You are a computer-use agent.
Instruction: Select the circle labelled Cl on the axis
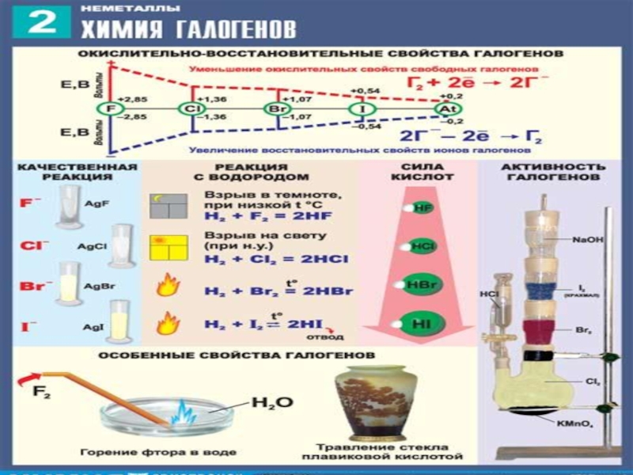pos(191,108)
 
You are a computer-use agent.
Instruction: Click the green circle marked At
pos(445,108)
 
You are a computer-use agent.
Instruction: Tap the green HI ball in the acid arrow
pos(420,322)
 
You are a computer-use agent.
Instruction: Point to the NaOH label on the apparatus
pos(585,237)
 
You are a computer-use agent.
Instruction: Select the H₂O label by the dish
pos(271,402)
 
